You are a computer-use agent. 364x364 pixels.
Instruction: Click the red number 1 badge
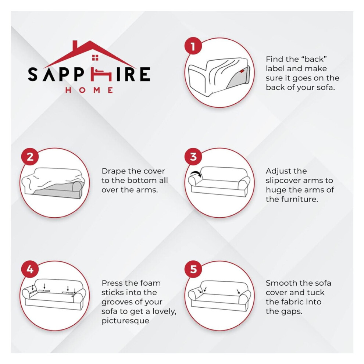point(193,46)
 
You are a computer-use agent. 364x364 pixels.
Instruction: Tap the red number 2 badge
point(30,157)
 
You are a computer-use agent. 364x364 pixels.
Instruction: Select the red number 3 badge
point(193,157)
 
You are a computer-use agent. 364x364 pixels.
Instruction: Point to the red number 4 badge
point(30,269)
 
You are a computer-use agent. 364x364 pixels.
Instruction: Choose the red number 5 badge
point(193,269)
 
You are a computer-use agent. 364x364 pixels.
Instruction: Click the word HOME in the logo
point(89,90)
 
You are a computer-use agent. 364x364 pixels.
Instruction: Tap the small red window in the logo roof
point(95,58)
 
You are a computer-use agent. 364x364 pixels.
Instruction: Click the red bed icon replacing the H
point(101,74)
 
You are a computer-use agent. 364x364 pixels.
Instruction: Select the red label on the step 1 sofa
point(242,71)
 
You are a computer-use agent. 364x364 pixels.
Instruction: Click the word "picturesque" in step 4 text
point(125,321)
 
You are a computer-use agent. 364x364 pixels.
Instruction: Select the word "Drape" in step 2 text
point(112,171)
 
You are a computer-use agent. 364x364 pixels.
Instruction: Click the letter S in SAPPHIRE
point(33,74)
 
